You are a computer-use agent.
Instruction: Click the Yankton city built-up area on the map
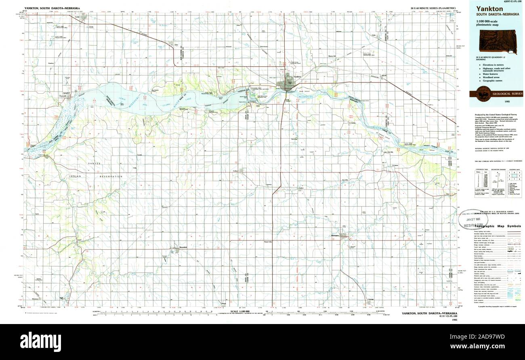(288, 84)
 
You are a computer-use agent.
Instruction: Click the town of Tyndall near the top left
(84, 17)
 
